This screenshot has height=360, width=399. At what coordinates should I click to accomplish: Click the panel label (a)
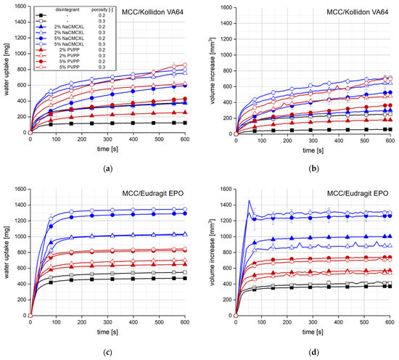coord(108,168)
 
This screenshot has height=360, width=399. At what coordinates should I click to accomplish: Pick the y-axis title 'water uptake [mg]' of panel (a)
coord(7,70)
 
